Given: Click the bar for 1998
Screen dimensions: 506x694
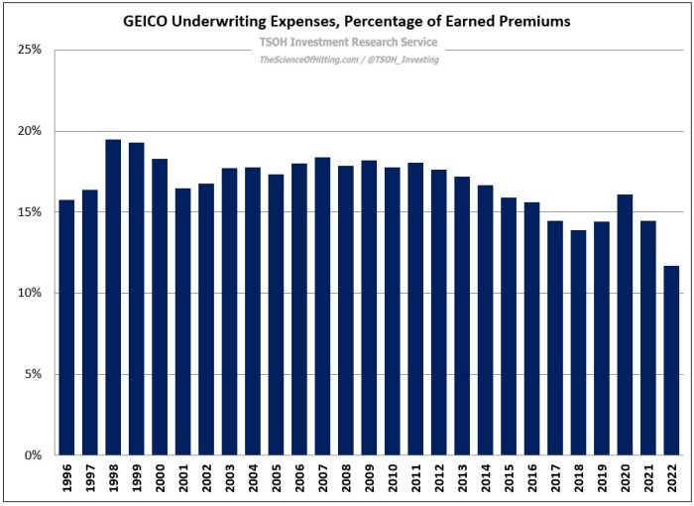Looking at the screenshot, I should coord(114,298).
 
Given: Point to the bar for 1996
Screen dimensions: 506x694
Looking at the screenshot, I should coord(67,327).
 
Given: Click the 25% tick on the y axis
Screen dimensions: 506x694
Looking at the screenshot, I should coord(29,50).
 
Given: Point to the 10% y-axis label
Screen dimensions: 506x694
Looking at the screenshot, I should coord(29,294).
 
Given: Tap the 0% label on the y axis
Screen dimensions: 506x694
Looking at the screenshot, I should coord(32,455).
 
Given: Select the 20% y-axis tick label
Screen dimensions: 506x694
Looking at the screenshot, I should coord(29,131).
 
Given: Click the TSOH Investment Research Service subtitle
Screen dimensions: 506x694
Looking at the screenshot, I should coord(348,43).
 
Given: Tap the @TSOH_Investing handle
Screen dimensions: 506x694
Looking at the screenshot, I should coord(400,60).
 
